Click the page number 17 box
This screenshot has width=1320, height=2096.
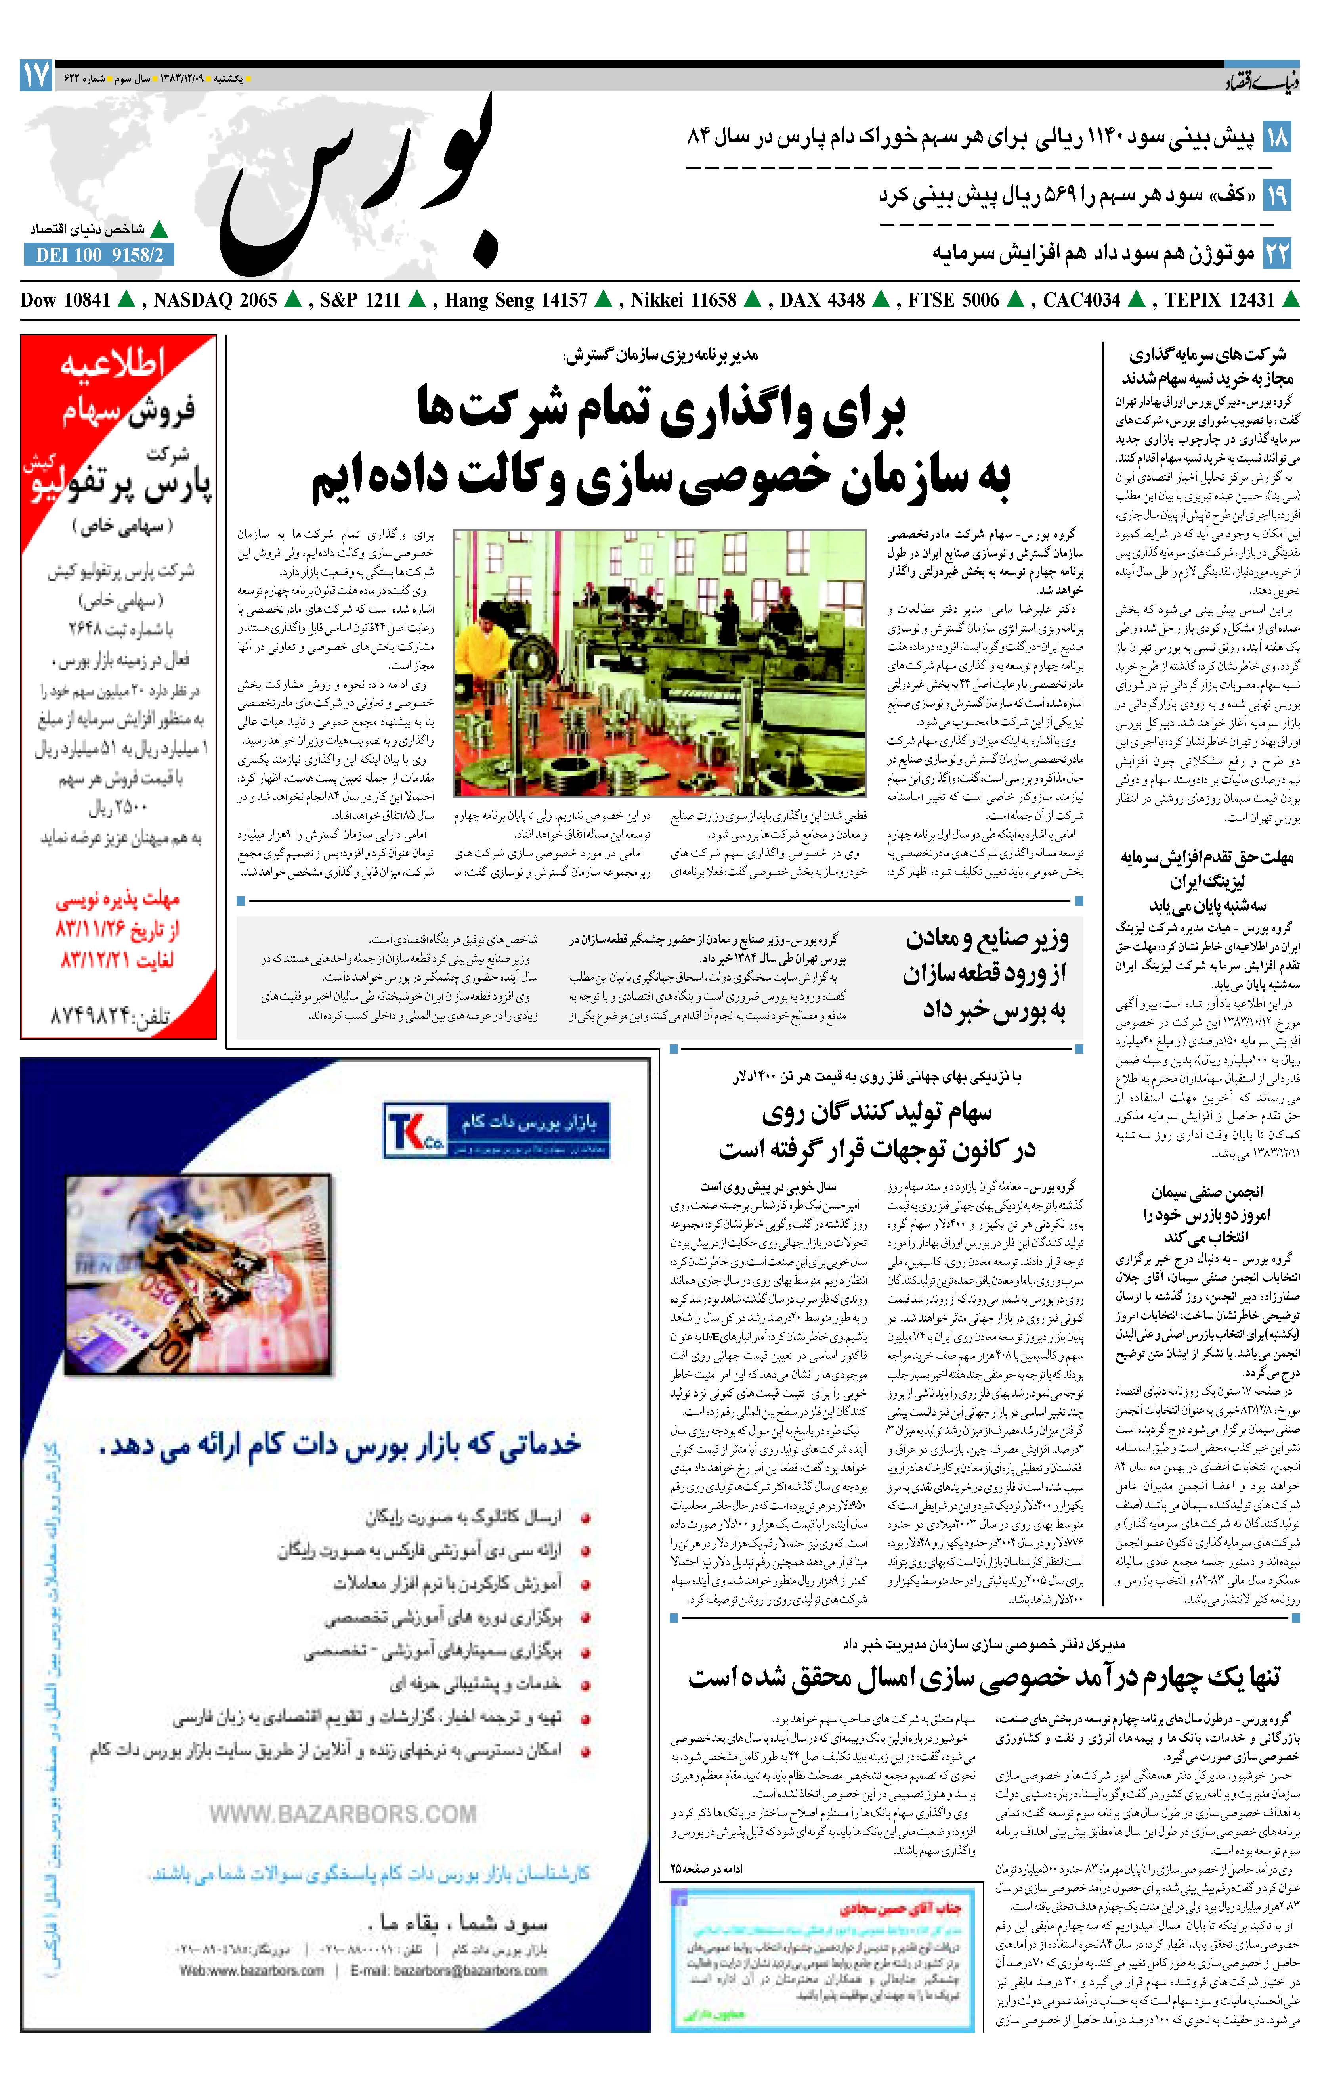[x=36, y=77]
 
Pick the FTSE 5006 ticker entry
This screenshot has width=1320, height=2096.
[x=954, y=300]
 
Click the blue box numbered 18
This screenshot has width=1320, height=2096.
[x=1276, y=137]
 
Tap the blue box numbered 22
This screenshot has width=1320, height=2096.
[x=1276, y=253]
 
